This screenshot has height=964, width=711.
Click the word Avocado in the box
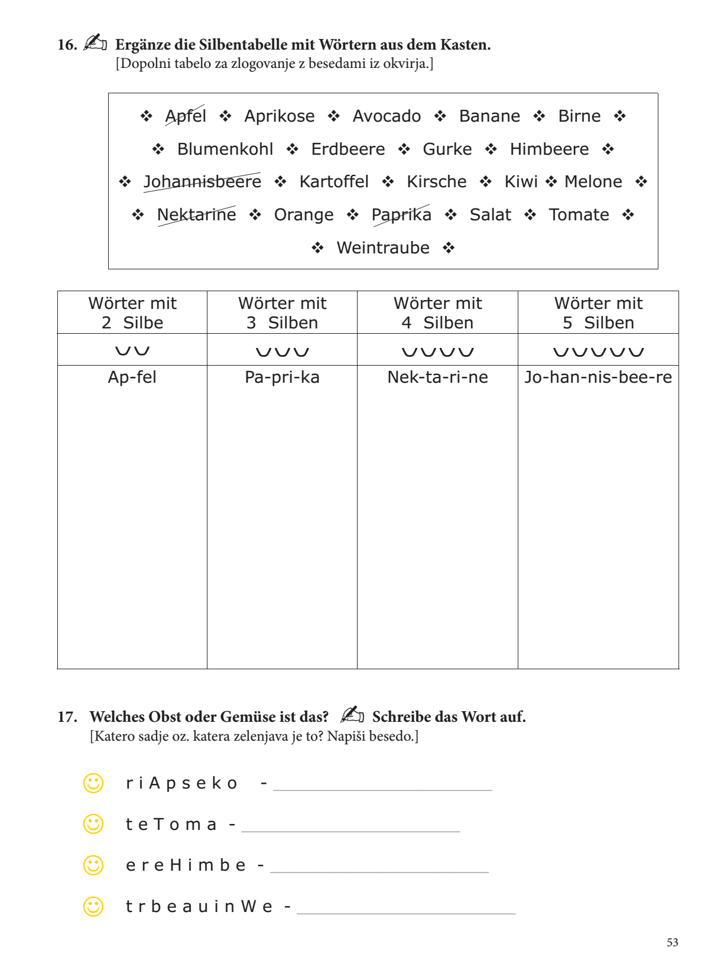(x=387, y=116)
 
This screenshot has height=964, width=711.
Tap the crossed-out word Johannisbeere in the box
(x=202, y=182)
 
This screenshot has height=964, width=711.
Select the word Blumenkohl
(x=225, y=149)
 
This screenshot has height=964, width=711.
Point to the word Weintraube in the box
(x=383, y=248)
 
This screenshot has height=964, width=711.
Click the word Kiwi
(x=521, y=182)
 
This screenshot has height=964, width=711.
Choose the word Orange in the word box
(x=304, y=215)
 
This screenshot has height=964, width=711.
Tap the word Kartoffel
(x=334, y=182)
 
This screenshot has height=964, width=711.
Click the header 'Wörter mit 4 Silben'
(x=437, y=313)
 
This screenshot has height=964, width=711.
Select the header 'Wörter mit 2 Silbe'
(x=132, y=313)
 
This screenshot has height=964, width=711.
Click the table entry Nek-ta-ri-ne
(x=437, y=377)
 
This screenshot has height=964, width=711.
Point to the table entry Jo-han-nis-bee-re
(x=598, y=377)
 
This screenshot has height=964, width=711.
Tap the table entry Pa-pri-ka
(x=282, y=377)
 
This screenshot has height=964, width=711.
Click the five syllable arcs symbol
(x=598, y=352)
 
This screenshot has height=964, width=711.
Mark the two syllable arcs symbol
(x=132, y=351)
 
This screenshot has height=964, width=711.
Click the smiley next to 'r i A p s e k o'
(x=93, y=783)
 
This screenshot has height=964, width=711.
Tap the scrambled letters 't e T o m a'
(x=171, y=825)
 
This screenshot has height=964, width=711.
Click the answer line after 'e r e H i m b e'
(x=379, y=871)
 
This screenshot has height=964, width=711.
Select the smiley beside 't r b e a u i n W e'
(x=93, y=907)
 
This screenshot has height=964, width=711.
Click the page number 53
(x=672, y=943)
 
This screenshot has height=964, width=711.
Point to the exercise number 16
(x=67, y=45)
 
